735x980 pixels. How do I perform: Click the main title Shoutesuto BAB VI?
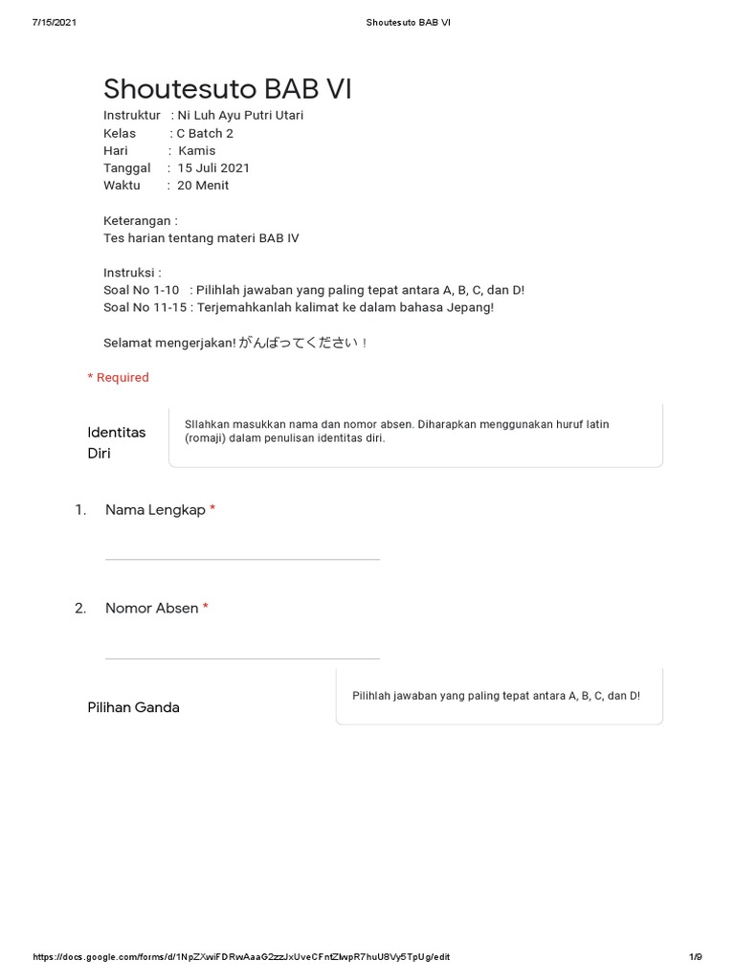[x=228, y=89]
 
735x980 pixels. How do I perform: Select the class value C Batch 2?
[x=205, y=133]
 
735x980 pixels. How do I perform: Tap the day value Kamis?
[x=197, y=150]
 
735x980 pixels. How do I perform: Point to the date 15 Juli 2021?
[x=213, y=167]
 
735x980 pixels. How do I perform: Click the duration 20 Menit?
[x=203, y=185]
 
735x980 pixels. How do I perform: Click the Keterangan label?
[x=140, y=220]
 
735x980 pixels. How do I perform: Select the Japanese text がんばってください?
[x=299, y=343]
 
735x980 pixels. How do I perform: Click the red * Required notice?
[x=119, y=377]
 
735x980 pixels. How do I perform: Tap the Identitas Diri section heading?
[x=116, y=442]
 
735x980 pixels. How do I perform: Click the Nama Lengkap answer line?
[x=242, y=558]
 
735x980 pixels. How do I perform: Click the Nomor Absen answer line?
[x=242, y=657]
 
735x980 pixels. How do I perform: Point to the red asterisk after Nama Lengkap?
[x=212, y=509]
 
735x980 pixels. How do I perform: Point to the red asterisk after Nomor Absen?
[x=206, y=607]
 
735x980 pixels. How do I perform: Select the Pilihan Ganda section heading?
[x=133, y=707]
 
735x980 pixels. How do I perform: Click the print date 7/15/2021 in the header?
[x=54, y=23]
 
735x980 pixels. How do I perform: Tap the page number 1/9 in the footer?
[x=696, y=957]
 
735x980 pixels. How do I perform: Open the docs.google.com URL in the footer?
[x=241, y=957]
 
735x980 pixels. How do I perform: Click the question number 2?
[x=80, y=608]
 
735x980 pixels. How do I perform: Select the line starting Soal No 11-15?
[x=299, y=307]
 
